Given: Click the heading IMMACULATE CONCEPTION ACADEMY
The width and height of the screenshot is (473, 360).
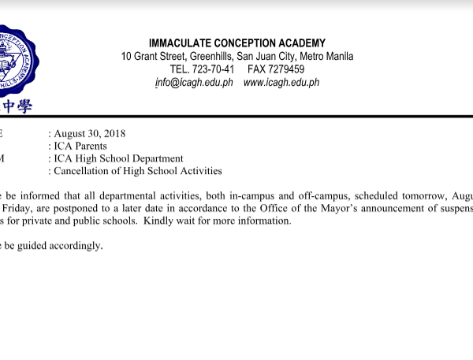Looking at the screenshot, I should pos(237,43).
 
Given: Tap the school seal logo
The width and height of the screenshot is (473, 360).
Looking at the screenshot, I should pos(14,60).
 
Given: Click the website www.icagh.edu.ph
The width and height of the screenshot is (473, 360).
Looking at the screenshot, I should pos(281,83).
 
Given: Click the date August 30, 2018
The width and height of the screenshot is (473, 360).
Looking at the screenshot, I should pos(91,133).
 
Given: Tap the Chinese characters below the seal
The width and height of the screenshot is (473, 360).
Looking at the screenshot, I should pos(17,106).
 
